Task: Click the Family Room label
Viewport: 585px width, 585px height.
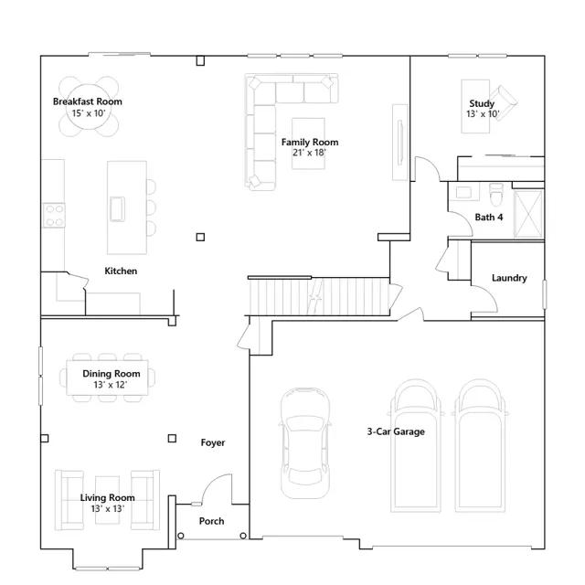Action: pos(310,143)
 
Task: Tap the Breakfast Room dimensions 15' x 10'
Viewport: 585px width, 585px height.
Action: pos(89,113)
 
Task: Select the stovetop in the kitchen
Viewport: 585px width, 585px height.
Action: pos(54,216)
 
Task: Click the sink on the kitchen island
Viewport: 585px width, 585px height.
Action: pos(117,208)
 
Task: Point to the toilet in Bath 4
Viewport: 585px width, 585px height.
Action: pos(496,195)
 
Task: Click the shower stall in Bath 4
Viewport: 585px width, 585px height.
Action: pos(528,214)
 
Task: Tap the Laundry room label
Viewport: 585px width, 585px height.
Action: pos(509,278)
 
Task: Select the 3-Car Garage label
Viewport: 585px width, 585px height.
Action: pos(396,431)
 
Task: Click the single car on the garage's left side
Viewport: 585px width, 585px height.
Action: pos(305,443)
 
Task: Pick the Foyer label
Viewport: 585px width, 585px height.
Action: pos(213,442)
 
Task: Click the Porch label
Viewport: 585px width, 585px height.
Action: pos(211,521)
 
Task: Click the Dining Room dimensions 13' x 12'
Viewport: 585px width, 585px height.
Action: pos(111,385)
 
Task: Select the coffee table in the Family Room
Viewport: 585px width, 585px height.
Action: pos(308,144)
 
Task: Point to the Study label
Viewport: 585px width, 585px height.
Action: pos(482,103)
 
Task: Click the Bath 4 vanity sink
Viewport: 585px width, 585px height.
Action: pos(463,192)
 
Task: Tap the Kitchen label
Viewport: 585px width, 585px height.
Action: pos(121,271)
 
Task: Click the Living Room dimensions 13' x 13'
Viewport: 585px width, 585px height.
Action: pos(108,508)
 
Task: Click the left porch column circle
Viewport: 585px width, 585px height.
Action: pos(181,536)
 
